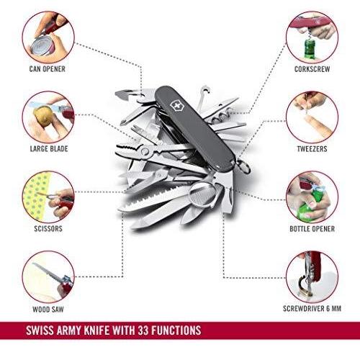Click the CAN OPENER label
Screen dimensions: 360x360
pos(48,69)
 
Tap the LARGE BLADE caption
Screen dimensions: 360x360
pos(49,149)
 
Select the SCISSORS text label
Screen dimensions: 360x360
pos(48,228)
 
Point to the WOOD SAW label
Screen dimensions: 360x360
pos(48,309)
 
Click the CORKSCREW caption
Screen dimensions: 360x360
pos(312,69)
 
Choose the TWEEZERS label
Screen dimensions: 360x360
pos(312,149)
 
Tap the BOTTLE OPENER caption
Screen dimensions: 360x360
pos(312,229)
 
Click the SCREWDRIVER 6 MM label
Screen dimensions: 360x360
pos(312,308)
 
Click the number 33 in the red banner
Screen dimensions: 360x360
pos(143,330)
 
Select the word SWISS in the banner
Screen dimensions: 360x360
pos(40,330)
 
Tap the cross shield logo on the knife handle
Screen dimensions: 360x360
pos(176,106)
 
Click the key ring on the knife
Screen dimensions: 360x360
pos(243,166)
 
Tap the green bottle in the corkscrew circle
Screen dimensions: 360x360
pos(309,49)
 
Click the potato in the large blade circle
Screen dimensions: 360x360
pos(44,116)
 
